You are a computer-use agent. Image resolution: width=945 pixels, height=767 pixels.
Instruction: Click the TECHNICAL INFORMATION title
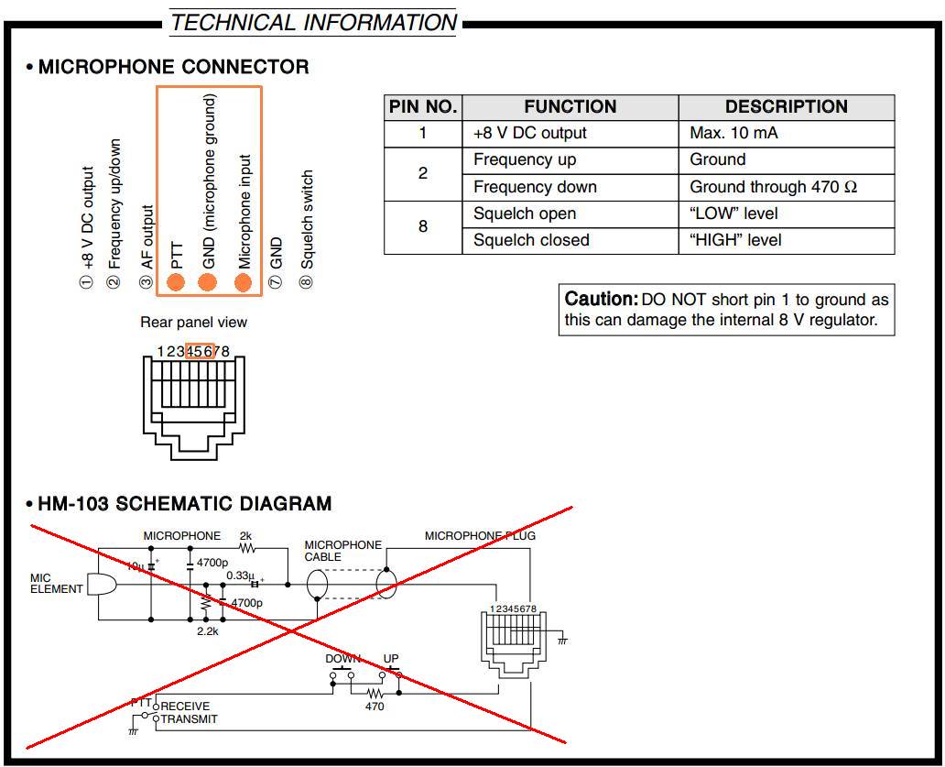click(314, 22)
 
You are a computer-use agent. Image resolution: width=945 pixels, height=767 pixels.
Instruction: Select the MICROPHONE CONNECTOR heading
click(173, 67)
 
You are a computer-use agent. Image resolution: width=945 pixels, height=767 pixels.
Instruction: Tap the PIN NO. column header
click(422, 107)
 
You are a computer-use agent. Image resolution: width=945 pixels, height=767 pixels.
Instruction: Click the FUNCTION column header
click(570, 107)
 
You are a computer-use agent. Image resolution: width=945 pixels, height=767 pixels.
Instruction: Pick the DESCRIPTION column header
click(786, 107)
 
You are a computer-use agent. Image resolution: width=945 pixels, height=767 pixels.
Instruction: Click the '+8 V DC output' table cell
click(529, 133)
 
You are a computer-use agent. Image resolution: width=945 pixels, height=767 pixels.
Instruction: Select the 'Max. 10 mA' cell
click(733, 133)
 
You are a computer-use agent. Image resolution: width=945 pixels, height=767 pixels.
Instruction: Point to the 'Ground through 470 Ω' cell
click(773, 187)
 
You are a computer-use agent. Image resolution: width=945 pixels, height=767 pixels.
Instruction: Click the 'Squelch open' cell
click(525, 214)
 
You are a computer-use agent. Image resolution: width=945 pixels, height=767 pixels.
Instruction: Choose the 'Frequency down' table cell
click(535, 187)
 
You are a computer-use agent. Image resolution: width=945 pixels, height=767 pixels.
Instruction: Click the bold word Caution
click(601, 299)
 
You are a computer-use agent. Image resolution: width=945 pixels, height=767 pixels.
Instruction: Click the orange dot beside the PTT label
click(177, 281)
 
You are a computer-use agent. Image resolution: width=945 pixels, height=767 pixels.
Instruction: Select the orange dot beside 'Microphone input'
click(243, 281)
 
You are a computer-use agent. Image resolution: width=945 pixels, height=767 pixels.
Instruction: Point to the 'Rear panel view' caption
click(193, 323)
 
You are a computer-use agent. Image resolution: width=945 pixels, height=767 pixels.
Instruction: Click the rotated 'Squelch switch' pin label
click(307, 220)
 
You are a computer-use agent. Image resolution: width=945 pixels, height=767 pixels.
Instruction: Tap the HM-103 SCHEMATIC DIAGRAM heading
click(184, 504)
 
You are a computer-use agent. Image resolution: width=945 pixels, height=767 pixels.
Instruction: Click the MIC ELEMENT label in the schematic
click(56, 584)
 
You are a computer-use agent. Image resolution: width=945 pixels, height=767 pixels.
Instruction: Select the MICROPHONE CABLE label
click(342, 551)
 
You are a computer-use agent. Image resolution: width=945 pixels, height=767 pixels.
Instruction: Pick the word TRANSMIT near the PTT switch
click(190, 719)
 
